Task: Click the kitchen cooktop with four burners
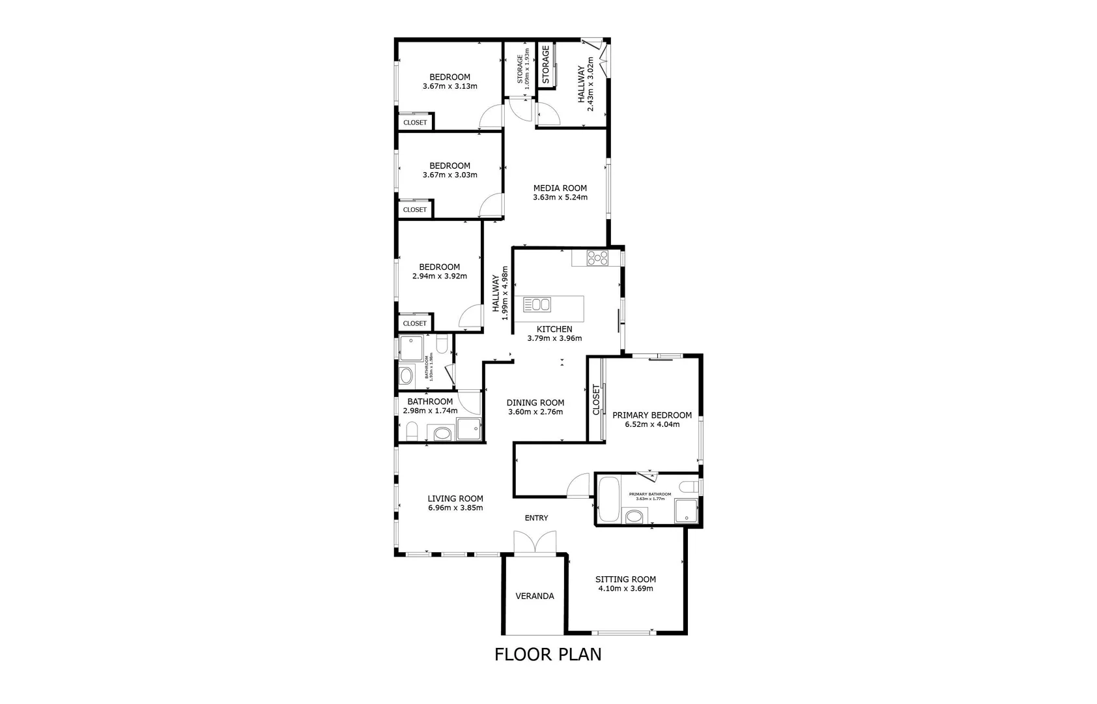(x=597, y=257)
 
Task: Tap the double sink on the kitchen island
(x=537, y=304)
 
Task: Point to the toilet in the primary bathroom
(x=687, y=486)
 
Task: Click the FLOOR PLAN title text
(x=548, y=654)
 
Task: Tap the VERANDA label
(x=534, y=596)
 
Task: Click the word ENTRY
(x=536, y=518)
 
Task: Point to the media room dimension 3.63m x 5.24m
(x=560, y=197)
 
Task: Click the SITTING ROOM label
(x=625, y=579)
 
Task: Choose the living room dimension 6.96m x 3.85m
(x=455, y=508)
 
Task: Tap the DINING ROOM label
(x=535, y=402)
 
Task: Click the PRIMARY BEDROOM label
(x=652, y=415)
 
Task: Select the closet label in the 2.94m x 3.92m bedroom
(x=415, y=323)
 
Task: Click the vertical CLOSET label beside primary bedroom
(x=596, y=400)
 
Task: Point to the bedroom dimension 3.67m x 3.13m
(x=449, y=86)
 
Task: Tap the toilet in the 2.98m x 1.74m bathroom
(x=411, y=430)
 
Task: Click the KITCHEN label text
(x=554, y=329)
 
